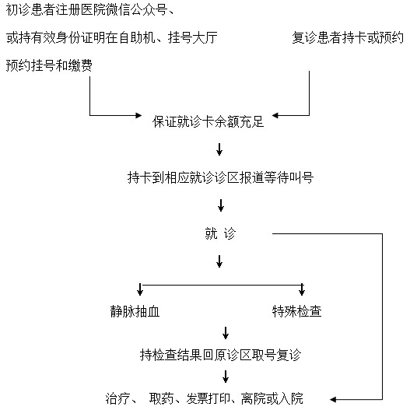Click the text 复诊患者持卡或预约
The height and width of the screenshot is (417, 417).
pyautogui.click(x=348, y=37)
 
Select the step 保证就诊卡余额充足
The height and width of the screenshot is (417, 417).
pyautogui.click(x=208, y=122)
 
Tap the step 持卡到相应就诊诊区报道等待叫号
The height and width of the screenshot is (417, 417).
pyautogui.click(x=220, y=177)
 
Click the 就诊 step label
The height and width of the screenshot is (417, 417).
pyautogui.click(x=220, y=233)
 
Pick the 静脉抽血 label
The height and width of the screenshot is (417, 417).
pyautogui.click(x=135, y=311)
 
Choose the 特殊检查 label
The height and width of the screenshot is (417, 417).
pyautogui.click(x=296, y=311)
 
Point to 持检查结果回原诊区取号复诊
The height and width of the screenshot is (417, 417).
pyautogui.click(x=220, y=355)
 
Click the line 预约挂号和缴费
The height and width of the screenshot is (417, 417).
pyautogui.click(x=49, y=65)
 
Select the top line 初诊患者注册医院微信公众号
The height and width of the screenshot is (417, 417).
pyautogui.click(x=86, y=10)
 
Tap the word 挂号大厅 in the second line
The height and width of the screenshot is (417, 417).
pyautogui.click(x=193, y=37)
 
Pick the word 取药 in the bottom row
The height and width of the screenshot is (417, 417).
pyautogui.click(x=161, y=398)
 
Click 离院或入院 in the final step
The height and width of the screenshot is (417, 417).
pyautogui.click(x=272, y=398)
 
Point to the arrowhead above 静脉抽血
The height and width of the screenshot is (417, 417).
pyautogui.click(x=140, y=293)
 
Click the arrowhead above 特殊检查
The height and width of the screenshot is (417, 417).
pyautogui.click(x=302, y=293)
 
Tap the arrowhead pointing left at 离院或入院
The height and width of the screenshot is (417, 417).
pyautogui.click(x=333, y=399)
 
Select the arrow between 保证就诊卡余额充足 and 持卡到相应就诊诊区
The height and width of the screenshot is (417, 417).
pyautogui.click(x=219, y=149)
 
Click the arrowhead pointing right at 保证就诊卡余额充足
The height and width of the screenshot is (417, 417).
pyautogui.click(x=138, y=115)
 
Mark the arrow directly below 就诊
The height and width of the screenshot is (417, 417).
pyautogui.click(x=219, y=261)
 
